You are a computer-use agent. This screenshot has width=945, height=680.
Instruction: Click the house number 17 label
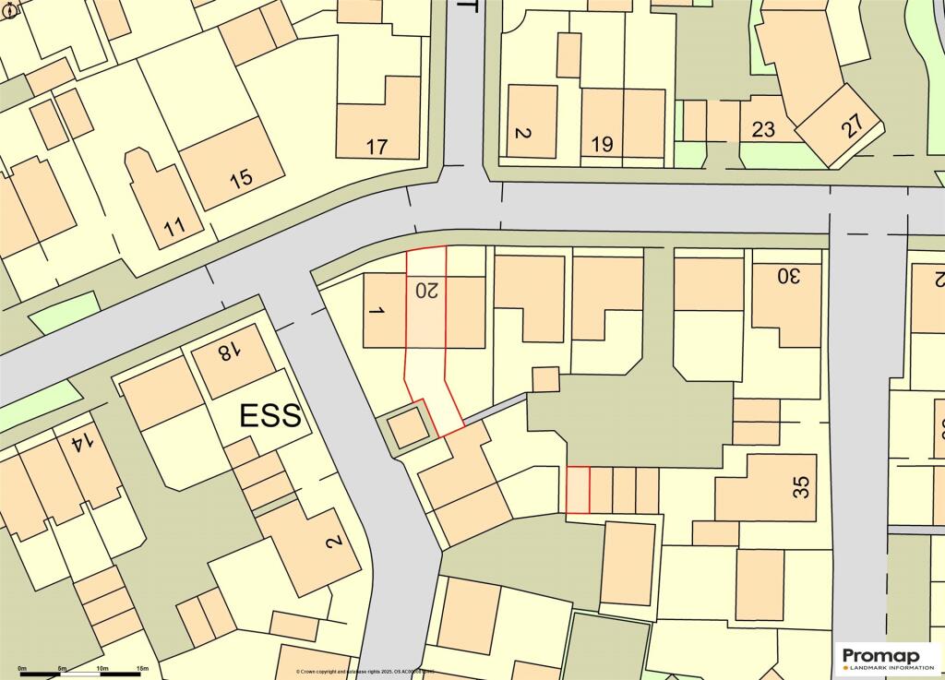coord(377,146)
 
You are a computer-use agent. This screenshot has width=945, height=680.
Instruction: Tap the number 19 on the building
coord(602,144)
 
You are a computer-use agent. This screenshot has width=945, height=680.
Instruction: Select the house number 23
coord(763,129)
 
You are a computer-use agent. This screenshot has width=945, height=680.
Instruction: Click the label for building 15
coord(241,177)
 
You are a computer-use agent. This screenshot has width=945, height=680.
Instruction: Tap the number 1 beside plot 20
coord(375,312)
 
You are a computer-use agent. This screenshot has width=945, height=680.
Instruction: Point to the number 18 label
coord(226,352)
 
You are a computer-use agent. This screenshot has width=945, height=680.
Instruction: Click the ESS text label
coord(270,416)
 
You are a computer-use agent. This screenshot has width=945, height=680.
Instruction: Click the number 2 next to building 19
coord(521,134)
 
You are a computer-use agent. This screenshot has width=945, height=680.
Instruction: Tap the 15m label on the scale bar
coord(142,667)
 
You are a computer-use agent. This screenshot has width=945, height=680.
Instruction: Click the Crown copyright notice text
coord(365,672)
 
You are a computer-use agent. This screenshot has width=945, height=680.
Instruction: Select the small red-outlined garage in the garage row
coord(578,490)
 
